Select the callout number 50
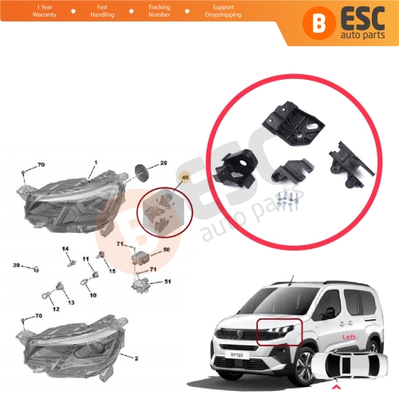point(167,250)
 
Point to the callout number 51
point(167,282)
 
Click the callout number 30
point(16,265)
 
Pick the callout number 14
point(66,250)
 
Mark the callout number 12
point(56,308)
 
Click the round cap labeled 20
point(141,172)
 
